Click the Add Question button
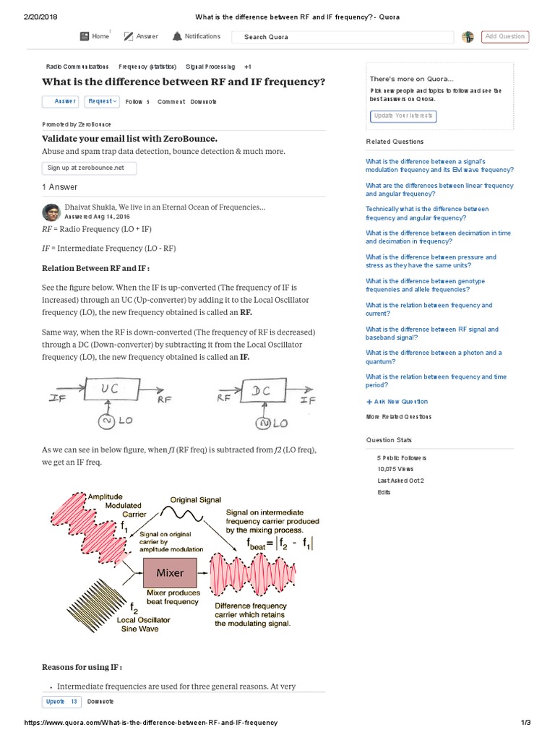pyautogui.click(x=506, y=37)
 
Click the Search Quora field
pyautogui.click(x=343, y=37)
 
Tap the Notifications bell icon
pyautogui.click(x=177, y=36)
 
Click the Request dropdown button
pyautogui.click(x=102, y=102)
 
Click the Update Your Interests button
pyautogui.click(x=404, y=116)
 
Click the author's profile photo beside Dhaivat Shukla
pyautogui.click(x=51, y=212)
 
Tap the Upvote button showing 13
pyautogui.click(x=62, y=702)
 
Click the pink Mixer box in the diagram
pyautogui.click(x=170, y=573)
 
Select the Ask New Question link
pyautogui.click(x=397, y=402)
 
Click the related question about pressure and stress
pyautogui.click(x=431, y=261)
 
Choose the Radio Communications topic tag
pyautogui.click(x=77, y=66)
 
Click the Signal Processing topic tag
pyautogui.click(x=210, y=66)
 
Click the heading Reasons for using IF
pyautogui.click(x=82, y=666)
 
